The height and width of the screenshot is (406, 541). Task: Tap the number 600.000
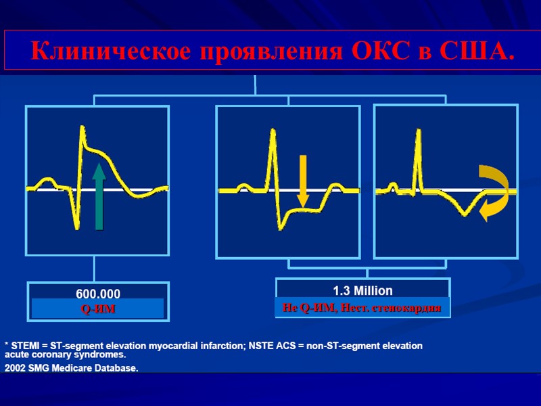tap(98, 294)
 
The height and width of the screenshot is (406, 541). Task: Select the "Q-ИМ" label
tap(98, 309)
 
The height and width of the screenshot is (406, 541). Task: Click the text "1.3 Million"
tap(362, 290)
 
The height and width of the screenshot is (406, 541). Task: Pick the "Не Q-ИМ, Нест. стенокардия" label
tap(362, 308)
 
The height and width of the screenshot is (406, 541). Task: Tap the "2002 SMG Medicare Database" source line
tap(72, 369)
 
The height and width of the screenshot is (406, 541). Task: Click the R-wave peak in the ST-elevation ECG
tap(82, 127)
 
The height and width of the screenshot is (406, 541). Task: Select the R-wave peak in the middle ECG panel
tap(273, 130)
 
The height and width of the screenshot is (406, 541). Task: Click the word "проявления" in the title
tap(250, 50)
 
